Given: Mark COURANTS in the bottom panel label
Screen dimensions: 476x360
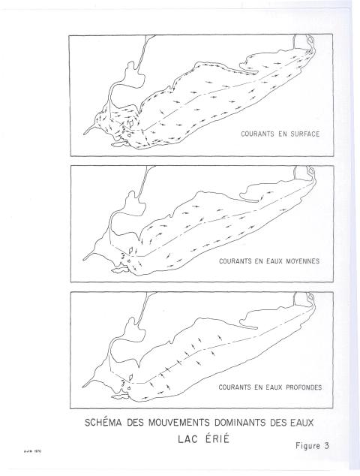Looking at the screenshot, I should tap(233, 389).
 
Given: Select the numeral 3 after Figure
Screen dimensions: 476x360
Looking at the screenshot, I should tap(326, 445).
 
